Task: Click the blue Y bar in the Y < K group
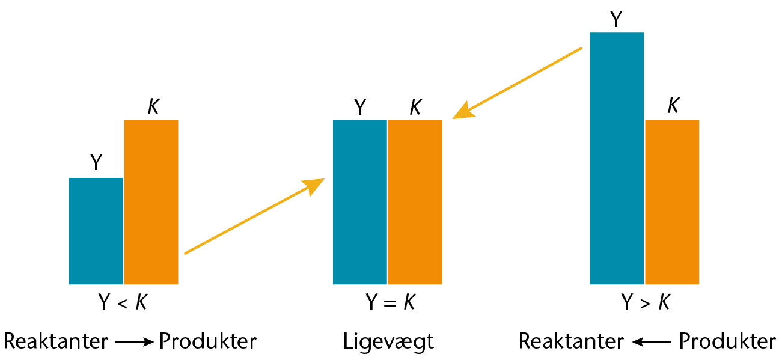pyautogui.click(x=96, y=231)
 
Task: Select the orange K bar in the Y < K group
pyautogui.click(x=151, y=202)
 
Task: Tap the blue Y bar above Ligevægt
pyautogui.click(x=360, y=202)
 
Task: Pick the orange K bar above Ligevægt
pyautogui.click(x=415, y=202)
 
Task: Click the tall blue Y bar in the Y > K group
pyautogui.click(x=617, y=158)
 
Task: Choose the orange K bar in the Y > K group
pyautogui.click(x=672, y=202)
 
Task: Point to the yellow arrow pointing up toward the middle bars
pyautogui.click(x=254, y=216)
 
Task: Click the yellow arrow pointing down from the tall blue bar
pyautogui.click(x=517, y=83)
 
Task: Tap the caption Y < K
pyautogui.click(x=123, y=302)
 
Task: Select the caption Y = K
pyautogui.click(x=390, y=302)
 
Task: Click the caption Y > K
pyautogui.click(x=646, y=302)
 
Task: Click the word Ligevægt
pyautogui.click(x=388, y=342)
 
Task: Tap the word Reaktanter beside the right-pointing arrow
pyautogui.click(x=56, y=341)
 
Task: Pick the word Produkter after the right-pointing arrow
pyautogui.click(x=208, y=341)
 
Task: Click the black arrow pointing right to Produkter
pyautogui.click(x=135, y=342)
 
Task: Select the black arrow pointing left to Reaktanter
pyautogui.click(x=652, y=342)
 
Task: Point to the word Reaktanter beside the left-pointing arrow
pyautogui.click(x=571, y=341)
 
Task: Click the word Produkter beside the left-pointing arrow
pyautogui.click(x=727, y=341)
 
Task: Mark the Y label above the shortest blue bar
pyautogui.click(x=96, y=162)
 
